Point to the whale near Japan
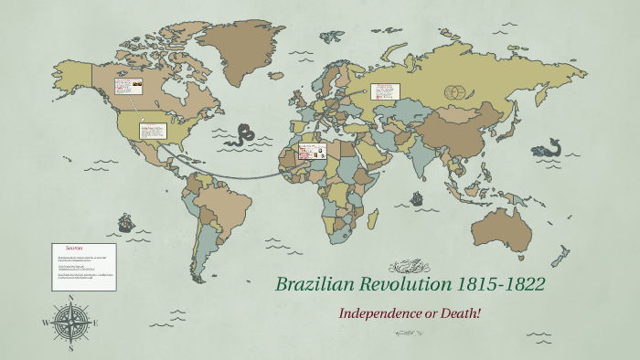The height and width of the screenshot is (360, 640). [x=550, y=146]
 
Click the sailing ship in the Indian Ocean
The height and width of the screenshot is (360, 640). [x=416, y=197]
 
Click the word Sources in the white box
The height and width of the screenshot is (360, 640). [x=75, y=249]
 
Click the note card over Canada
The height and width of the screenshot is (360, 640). [x=128, y=90]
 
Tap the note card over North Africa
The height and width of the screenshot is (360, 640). [x=312, y=153]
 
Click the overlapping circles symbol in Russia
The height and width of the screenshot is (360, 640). [x=454, y=92]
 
